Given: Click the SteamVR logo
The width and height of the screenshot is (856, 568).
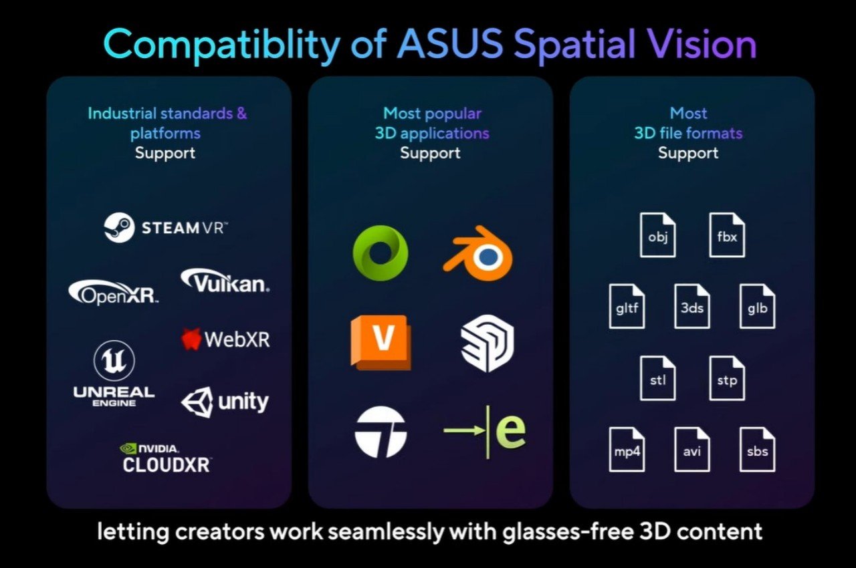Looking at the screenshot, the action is pyautogui.click(x=166, y=228).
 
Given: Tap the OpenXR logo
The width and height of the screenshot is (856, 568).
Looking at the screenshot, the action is pyautogui.click(x=114, y=293).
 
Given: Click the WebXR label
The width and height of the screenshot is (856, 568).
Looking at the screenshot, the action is pyautogui.click(x=225, y=339).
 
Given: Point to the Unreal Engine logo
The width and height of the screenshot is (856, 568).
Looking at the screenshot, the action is pyautogui.click(x=114, y=375).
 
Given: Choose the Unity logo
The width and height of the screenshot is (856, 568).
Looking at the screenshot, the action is pyautogui.click(x=225, y=402).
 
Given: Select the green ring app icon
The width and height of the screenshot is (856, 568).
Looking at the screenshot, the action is pyautogui.click(x=380, y=253).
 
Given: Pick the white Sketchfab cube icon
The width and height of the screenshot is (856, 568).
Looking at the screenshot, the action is pyautogui.click(x=488, y=343).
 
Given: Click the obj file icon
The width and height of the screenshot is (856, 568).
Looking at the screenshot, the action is pyautogui.click(x=658, y=235).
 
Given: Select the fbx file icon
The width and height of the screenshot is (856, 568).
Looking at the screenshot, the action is pyautogui.click(x=727, y=235).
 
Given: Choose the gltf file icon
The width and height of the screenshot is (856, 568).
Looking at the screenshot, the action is pyautogui.click(x=627, y=306).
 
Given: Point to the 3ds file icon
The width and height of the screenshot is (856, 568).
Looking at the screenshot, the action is pyautogui.click(x=692, y=306).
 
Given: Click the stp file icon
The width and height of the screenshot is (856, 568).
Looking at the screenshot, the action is pyautogui.click(x=727, y=378).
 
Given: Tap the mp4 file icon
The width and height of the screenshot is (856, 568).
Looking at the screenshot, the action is pyautogui.click(x=627, y=449).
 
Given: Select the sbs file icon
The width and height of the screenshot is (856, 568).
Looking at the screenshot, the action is pyautogui.click(x=758, y=449).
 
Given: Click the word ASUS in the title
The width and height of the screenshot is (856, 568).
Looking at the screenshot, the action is pyautogui.click(x=449, y=45).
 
